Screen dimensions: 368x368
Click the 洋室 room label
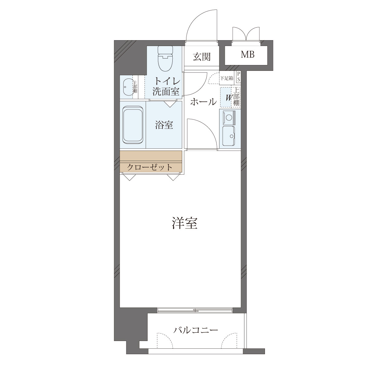click(x=185, y=223)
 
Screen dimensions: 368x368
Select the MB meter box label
click(x=247, y=55)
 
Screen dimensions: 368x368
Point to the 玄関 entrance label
click(x=202, y=57)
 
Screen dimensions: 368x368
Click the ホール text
click(x=203, y=102)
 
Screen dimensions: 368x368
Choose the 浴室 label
click(x=164, y=125)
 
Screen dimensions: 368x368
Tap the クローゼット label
click(x=150, y=167)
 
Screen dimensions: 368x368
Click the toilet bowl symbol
click(x=165, y=59)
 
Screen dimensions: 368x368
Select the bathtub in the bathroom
click(x=133, y=125)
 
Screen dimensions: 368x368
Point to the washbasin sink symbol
click(x=128, y=87)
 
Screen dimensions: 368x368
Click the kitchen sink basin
click(x=228, y=136)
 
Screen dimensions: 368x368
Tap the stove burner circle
click(x=229, y=117)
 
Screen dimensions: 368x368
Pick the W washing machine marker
click(x=228, y=98)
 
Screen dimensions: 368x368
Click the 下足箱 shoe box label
click(x=227, y=78)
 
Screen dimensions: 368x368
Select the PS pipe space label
click(x=239, y=77)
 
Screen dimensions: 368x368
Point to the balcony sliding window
click(x=195, y=310)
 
